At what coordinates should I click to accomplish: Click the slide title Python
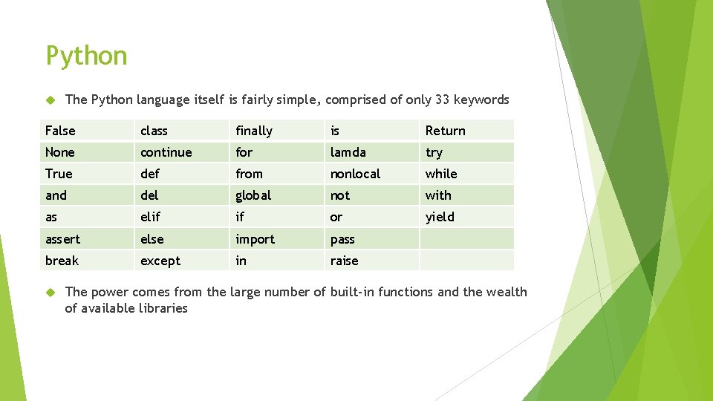coord(86,56)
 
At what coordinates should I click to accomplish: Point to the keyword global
coord(253,195)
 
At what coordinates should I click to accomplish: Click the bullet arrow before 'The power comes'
coord(51,292)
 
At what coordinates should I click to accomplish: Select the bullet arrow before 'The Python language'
coord(51,100)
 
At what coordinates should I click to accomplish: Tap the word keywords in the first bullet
coord(481,100)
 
